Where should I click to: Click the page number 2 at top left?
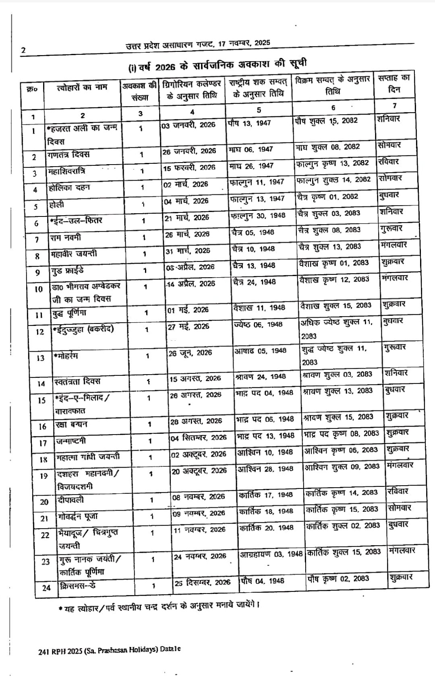pyautogui.click(x=23, y=51)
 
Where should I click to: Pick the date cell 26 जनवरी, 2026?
pyautogui.click(x=189, y=151)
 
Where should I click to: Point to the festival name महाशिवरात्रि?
pyautogui.click(x=66, y=172)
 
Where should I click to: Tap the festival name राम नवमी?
pyautogui.click(x=65, y=238)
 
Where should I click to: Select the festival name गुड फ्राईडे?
pyautogui.click(x=67, y=270)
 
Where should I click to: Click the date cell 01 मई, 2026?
pyautogui.click(x=188, y=310)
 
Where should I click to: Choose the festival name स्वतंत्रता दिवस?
pyautogui.click(x=77, y=381)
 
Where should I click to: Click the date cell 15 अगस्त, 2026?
pyautogui.click(x=195, y=379)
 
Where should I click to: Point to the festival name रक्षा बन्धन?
pyautogui.click(x=71, y=424)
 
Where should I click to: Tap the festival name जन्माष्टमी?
pyautogui.click(x=71, y=441)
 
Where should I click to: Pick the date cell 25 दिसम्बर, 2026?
pyautogui.click(x=202, y=583)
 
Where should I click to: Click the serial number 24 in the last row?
pyautogui.click(x=46, y=588)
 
